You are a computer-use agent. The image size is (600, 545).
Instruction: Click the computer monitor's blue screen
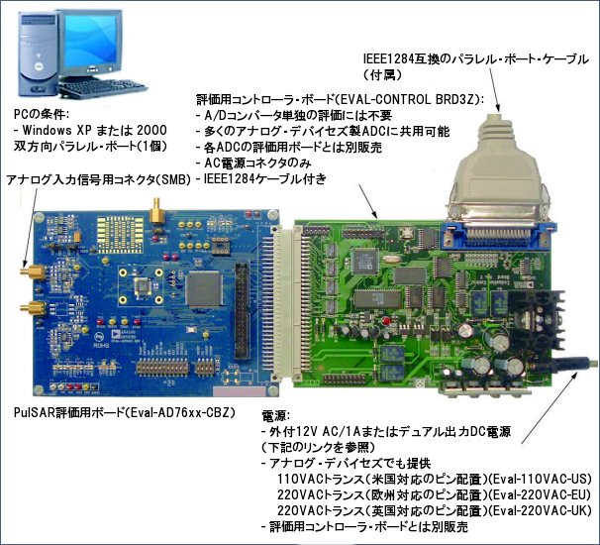(x=91, y=42)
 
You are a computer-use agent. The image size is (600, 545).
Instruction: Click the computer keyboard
(x=103, y=87)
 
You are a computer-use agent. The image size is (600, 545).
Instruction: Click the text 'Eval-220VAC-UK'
(x=541, y=511)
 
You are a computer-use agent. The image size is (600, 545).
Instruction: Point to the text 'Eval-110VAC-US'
(x=540, y=480)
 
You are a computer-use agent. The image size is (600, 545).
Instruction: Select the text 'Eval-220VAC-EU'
(x=540, y=494)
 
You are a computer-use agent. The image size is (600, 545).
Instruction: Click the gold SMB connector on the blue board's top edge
(x=156, y=210)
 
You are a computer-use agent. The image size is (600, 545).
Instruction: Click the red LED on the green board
(x=386, y=320)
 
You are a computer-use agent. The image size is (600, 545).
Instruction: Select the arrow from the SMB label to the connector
(x=31, y=228)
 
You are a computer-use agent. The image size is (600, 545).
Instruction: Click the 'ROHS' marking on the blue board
(x=101, y=345)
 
